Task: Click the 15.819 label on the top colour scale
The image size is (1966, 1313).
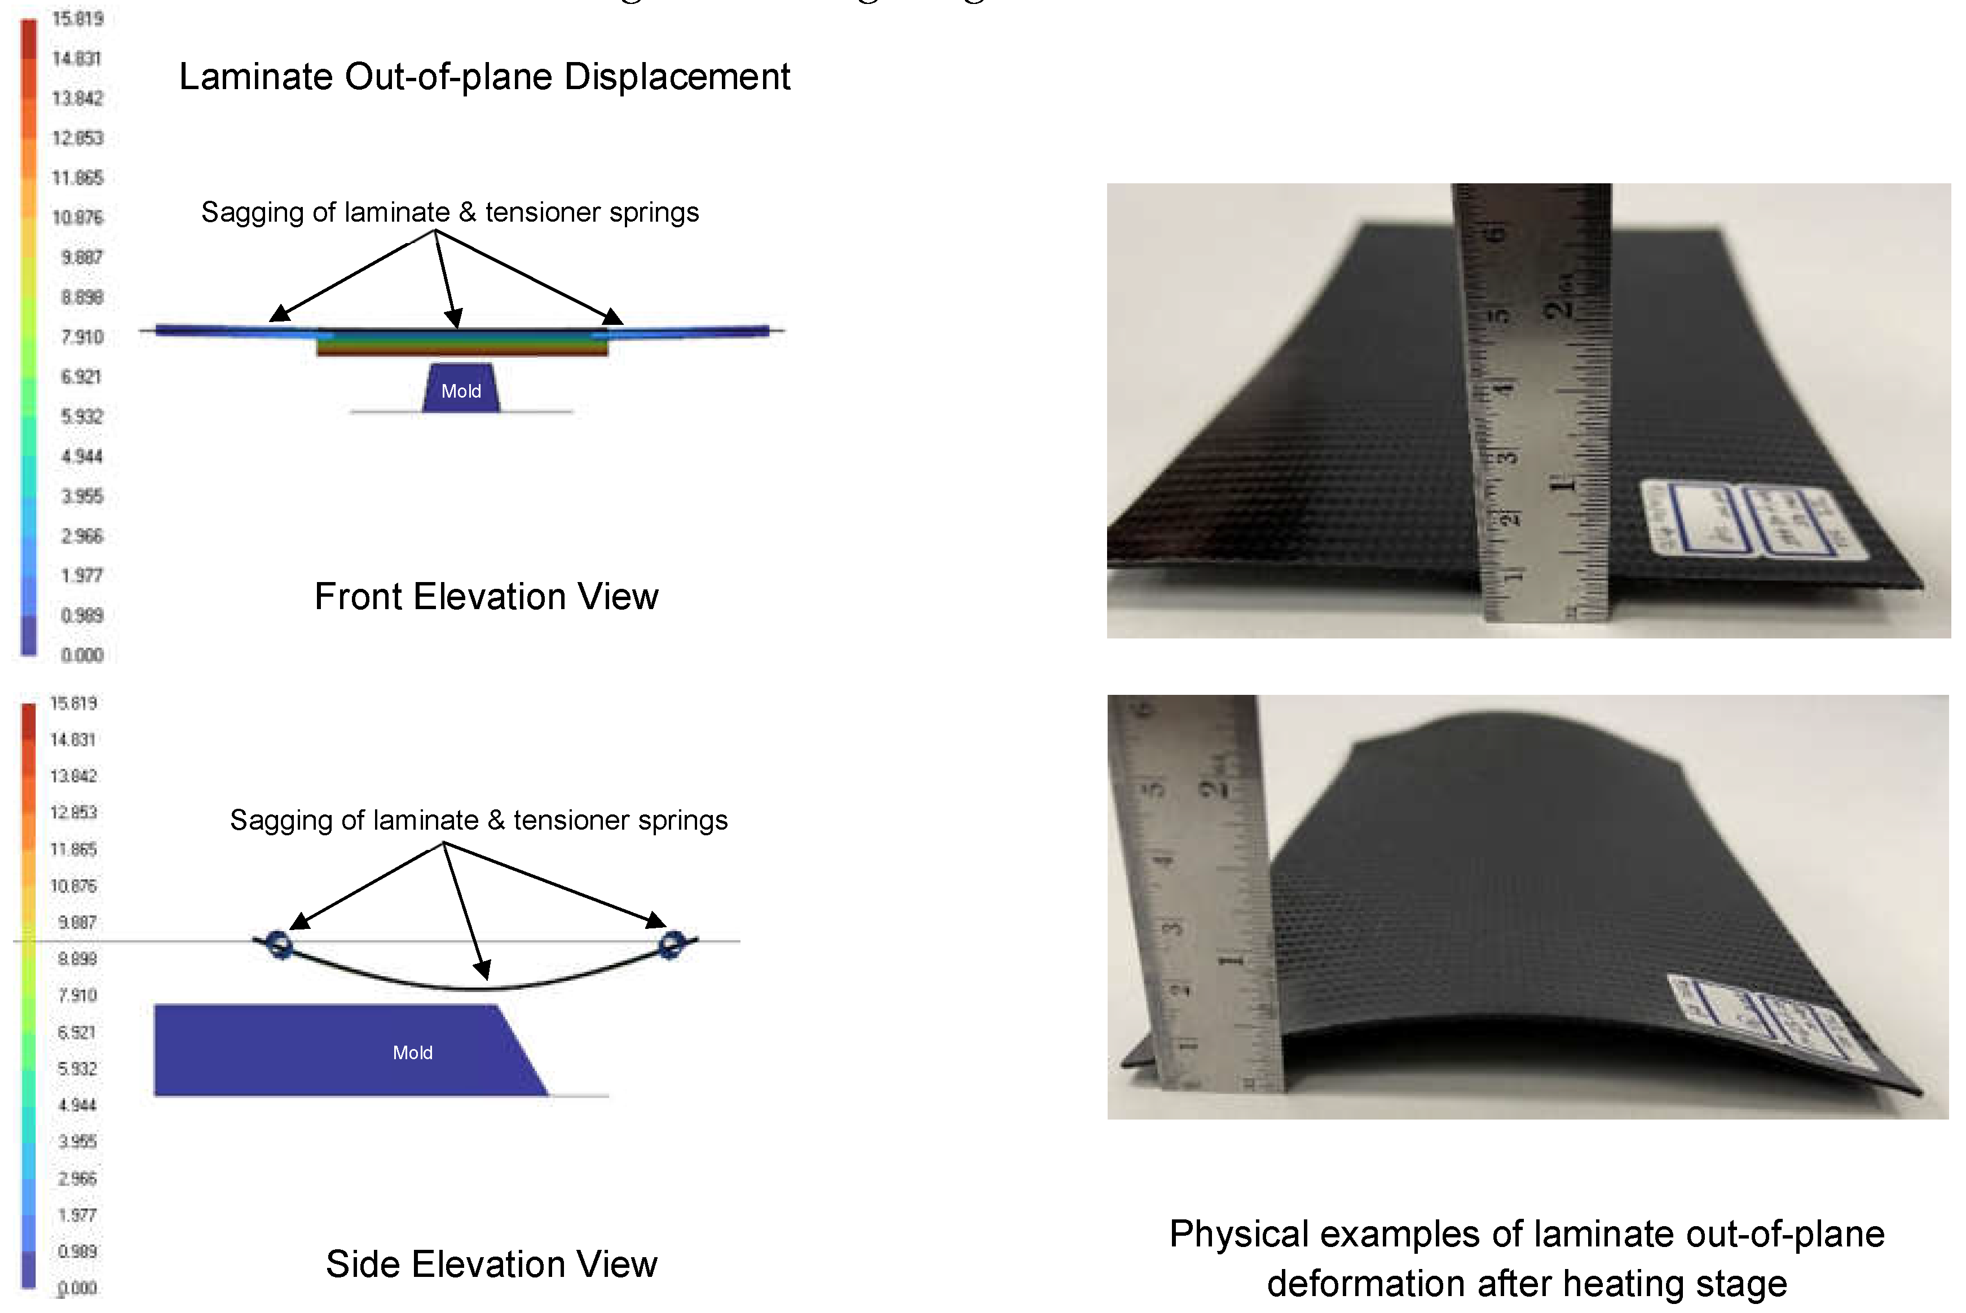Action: click(x=77, y=19)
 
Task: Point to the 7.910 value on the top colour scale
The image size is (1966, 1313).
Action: click(x=81, y=337)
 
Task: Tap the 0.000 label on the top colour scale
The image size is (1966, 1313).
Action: click(x=81, y=655)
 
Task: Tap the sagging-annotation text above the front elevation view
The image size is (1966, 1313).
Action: click(x=449, y=213)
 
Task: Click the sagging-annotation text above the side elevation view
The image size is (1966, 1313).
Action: click(x=478, y=821)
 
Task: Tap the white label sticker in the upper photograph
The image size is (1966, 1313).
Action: click(x=1754, y=519)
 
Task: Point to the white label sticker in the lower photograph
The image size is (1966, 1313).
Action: click(x=1775, y=1021)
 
